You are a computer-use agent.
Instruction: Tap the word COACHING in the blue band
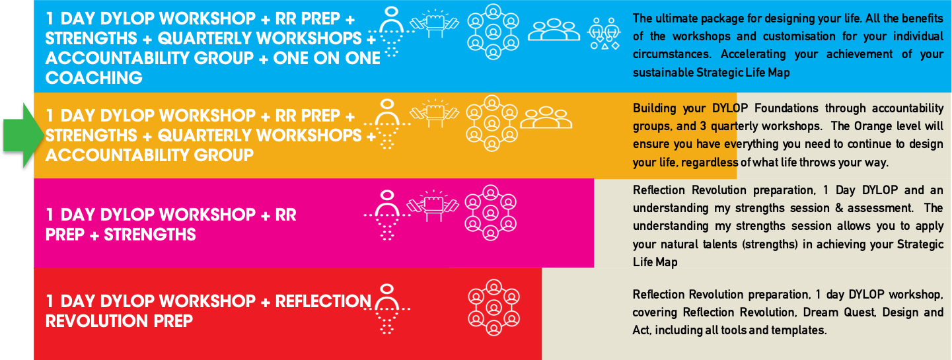coord(94,78)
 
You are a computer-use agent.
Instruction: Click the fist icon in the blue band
coord(435,26)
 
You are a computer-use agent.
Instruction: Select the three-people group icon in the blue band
coord(554,30)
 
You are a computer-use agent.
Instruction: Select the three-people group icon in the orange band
coord(546,118)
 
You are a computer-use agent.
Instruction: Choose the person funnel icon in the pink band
coord(388,215)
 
